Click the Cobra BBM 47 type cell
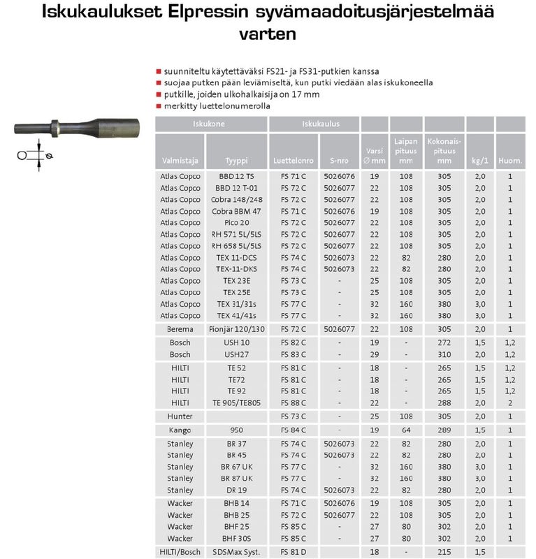tap(236, 211)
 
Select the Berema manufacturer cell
tap(180, 328)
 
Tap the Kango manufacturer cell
tap(180, 430)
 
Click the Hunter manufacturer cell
tap(180, 416)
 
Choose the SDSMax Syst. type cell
tap(236, 553)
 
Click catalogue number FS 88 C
tap(293, 402)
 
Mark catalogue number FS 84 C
tap(293, 430)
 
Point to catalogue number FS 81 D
tap(293, 553)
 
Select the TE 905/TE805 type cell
tap(236, 402)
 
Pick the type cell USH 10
tap(236, 342)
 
